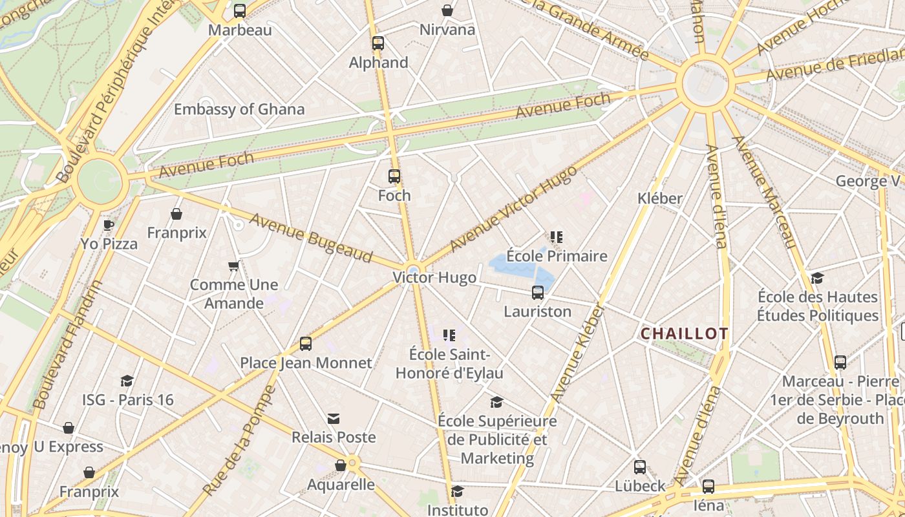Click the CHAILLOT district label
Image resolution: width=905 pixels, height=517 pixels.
(x=684, y=334)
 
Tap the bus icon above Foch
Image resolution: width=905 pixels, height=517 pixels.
(x=394, y=176)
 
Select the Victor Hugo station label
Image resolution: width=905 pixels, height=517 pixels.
(x=434, y=278)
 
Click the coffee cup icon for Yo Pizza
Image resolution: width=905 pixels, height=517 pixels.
(x=109, y=225)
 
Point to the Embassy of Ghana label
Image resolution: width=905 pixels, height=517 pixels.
(x=239, y=109)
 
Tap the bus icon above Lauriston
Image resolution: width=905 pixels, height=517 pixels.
(x=537, y=293)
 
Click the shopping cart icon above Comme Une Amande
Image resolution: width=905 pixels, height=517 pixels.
(x=233, y=266)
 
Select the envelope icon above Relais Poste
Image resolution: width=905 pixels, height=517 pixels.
(x=334, y=419)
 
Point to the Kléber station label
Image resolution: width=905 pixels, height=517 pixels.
(x=659, y=198)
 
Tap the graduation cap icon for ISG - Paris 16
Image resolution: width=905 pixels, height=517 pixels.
(x=127, y=381)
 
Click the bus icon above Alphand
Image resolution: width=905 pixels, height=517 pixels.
(x=378, y=43)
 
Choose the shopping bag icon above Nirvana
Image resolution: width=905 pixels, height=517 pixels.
(x=447, y=10)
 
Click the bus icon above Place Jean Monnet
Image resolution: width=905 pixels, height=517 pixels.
(x=306, y=344)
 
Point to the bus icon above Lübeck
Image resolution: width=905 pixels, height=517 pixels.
(x=639, y=467)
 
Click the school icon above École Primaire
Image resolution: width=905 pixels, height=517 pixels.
(x=556, y=237)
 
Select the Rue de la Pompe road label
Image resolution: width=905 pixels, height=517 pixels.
(x=240, y=441)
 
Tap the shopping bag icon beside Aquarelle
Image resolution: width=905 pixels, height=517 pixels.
(x=341, y=465)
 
